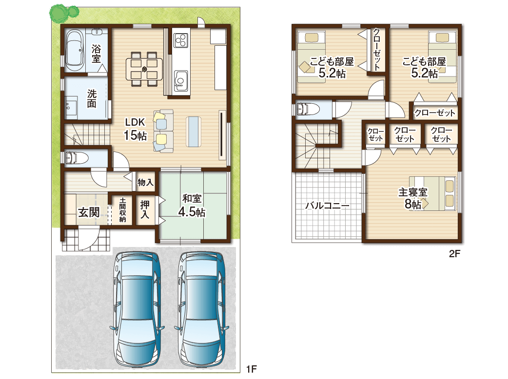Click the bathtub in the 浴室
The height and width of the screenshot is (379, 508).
(75, 51)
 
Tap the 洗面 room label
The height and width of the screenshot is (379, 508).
(92, 99)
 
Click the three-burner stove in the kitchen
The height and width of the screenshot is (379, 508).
(181, 40)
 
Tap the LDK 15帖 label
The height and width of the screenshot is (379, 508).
(136, 129)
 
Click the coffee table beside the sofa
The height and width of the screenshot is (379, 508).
(194, 132)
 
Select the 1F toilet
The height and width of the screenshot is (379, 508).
(77, 158)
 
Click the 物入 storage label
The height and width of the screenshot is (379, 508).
(145, 182)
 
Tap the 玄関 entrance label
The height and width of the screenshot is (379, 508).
(89, 212)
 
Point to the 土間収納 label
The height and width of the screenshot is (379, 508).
(122, 210)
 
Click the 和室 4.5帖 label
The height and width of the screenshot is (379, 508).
(192, 206)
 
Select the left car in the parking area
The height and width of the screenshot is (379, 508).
(137, 312)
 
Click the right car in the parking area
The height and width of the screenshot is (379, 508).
(201, 312)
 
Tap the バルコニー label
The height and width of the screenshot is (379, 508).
(328, 206)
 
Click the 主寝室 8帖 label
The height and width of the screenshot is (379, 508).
(413, 198)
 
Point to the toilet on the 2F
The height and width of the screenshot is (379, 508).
(307, 109)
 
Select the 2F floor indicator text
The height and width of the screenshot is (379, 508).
(454, 254)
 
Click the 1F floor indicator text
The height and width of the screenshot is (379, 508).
(251, 369)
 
